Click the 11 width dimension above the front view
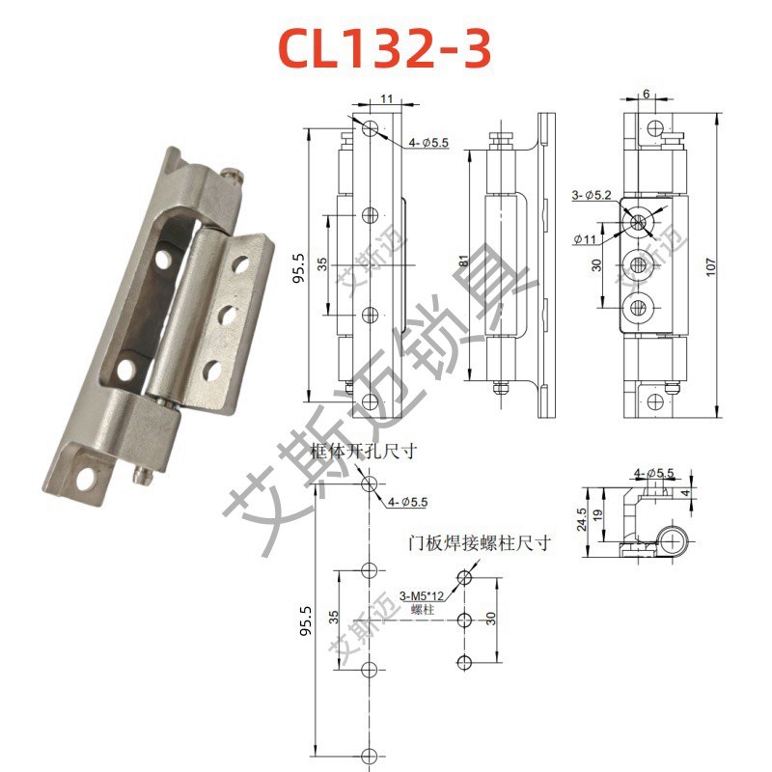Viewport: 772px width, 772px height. pyautogui.click(x=383, y=99)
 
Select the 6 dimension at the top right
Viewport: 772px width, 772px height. pyautogui.click(x=646, y=94)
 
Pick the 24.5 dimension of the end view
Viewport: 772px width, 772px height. pyautogui.click(x=582, y=522)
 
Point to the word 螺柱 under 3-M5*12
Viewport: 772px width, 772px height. pyautogui.click(x=421, y=611)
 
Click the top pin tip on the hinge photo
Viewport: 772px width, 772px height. pyautogui.click(x=232, y=175)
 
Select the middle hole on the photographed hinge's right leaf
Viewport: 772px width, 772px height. pyautogui.click(x=228, y=314)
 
